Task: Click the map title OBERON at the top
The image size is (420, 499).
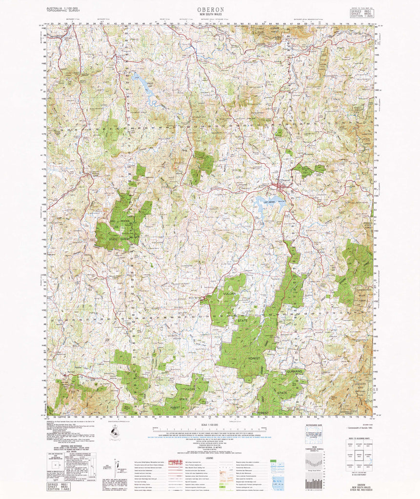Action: pos(210,9)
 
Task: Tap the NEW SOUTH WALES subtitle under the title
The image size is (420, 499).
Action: pos(210,15)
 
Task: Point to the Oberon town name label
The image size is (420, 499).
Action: pos(286,180)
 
